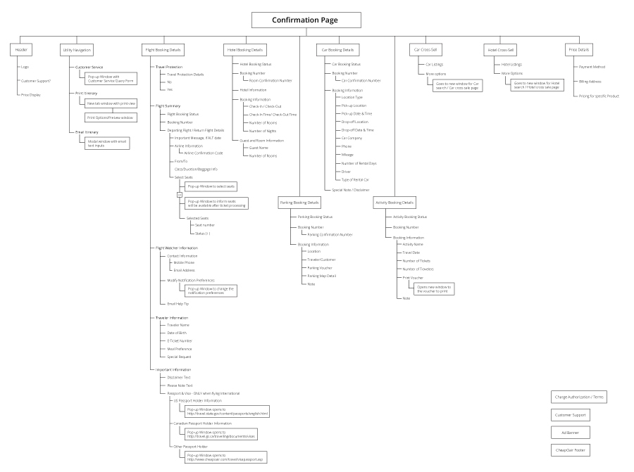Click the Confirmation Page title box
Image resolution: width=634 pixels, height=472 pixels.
point(306,20)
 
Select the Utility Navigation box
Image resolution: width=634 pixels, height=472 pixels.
point(76,50)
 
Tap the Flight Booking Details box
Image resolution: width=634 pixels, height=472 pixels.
point(163,50)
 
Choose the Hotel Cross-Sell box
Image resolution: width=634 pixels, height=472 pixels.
point(501,50)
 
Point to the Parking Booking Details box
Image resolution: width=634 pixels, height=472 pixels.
point(299,203)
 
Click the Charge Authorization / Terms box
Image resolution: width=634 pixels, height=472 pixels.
point(579,397)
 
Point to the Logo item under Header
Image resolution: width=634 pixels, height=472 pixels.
point(25,68)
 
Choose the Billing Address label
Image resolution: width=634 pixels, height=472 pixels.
point(590,82)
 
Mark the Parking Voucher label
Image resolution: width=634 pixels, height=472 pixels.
point(318,267)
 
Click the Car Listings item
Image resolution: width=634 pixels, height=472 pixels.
point(435,64)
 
